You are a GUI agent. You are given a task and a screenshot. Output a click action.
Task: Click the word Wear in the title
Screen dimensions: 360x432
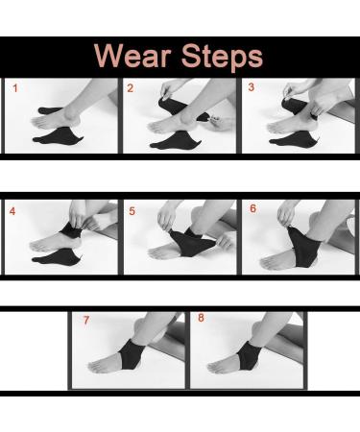(132, 55)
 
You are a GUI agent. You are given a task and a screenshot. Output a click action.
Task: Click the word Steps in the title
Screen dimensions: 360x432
(222, 57)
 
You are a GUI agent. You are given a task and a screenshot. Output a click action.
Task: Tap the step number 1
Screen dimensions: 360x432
(15, 88)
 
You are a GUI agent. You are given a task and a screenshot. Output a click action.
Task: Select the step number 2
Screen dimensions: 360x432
(130, 88)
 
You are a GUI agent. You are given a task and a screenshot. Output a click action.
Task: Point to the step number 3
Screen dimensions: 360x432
(252, 87)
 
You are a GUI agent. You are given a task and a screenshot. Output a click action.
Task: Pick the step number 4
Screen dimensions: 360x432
(12, 211)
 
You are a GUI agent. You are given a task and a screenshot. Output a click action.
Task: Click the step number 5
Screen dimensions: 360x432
(132, 211)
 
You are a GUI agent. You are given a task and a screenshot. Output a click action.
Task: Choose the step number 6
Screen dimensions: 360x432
(252, 208)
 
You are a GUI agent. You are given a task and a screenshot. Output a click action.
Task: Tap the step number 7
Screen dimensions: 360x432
(86, 320)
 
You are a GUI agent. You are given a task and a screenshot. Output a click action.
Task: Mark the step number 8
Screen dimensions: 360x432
(201, 318)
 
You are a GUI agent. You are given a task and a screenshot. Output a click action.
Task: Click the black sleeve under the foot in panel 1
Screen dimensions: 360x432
(59, 136)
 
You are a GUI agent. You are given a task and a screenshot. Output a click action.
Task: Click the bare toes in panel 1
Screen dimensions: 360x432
(37, 122)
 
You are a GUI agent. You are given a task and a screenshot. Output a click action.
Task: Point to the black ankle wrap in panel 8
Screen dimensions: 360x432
(247, 354)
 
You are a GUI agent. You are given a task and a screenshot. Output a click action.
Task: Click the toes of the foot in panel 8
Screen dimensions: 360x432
(213, 367)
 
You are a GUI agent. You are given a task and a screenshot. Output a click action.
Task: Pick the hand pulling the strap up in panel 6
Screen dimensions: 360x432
(286, 213)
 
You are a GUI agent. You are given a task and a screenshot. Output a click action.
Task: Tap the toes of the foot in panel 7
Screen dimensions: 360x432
(95, 366)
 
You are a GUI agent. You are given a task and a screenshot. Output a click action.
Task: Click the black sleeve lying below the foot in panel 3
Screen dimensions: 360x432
(294, 138)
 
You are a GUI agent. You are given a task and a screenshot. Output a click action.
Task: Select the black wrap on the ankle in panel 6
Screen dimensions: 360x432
(303, 248)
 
